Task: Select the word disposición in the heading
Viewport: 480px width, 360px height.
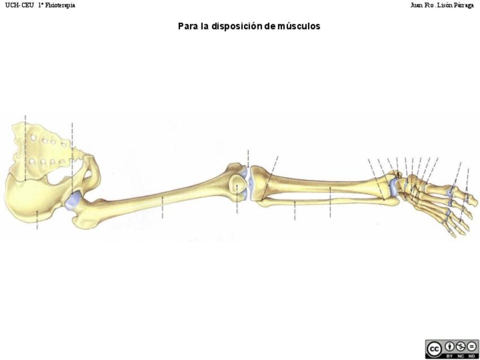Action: tap(237, 26)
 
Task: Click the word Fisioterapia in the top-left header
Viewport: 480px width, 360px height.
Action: tap(60, 5)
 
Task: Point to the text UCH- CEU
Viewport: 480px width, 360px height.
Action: tap(20, 5)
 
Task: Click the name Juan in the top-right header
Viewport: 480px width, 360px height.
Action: tap(417, 5)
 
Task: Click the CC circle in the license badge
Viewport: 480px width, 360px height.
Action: tap(435, 348)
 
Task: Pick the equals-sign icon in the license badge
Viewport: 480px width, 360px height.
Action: tap(472, 346)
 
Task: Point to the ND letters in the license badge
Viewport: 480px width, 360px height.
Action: tap(472, 355)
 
